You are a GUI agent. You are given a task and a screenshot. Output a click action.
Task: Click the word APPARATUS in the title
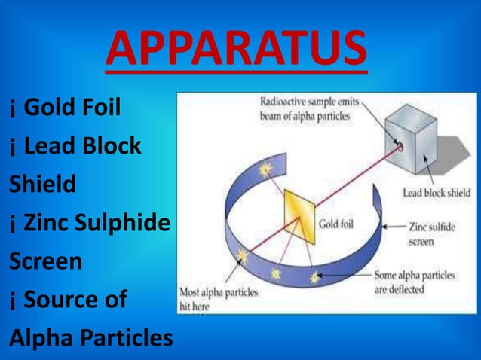point(237,47)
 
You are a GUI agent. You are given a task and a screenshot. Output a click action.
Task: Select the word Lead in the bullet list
point(51,145)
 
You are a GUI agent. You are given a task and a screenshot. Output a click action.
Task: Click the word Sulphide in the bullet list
point(128,223)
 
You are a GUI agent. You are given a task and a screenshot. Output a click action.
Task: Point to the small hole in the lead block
point(400,146)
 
